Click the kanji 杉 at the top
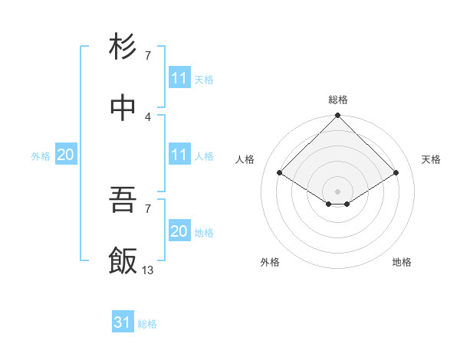click(x=123, y=47)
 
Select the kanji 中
click(x=123, y=108)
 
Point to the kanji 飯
click(x=123, y=260)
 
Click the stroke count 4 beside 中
click(x=148, y=116)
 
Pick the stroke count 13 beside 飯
click(x=148, y=270)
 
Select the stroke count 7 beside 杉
click(x=148, y=55)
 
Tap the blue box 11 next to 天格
click(x=179, y=78)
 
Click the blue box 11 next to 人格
click(x=179, y=155)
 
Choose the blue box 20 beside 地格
click(x=179, y=231)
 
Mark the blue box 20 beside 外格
click(x=66, y=155)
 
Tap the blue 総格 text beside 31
click(x=147, y=324)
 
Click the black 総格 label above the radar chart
click(x=338, y=100)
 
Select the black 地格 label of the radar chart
click(x=402, y=262)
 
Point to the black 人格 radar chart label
click(x=245, y=159)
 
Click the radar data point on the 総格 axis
click(x=337, y=116)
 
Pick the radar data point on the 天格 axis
click(x=396, y=172)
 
